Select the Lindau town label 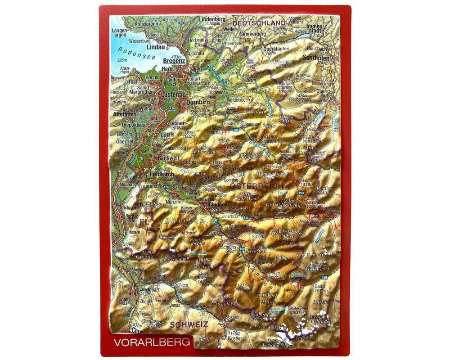tap(156, 47)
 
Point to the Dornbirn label tap(196, 102)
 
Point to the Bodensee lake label tap(130, 51)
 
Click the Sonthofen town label tap(316, 58)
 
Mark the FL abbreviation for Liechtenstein tap(144, 222)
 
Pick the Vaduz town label tap(119, 216)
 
